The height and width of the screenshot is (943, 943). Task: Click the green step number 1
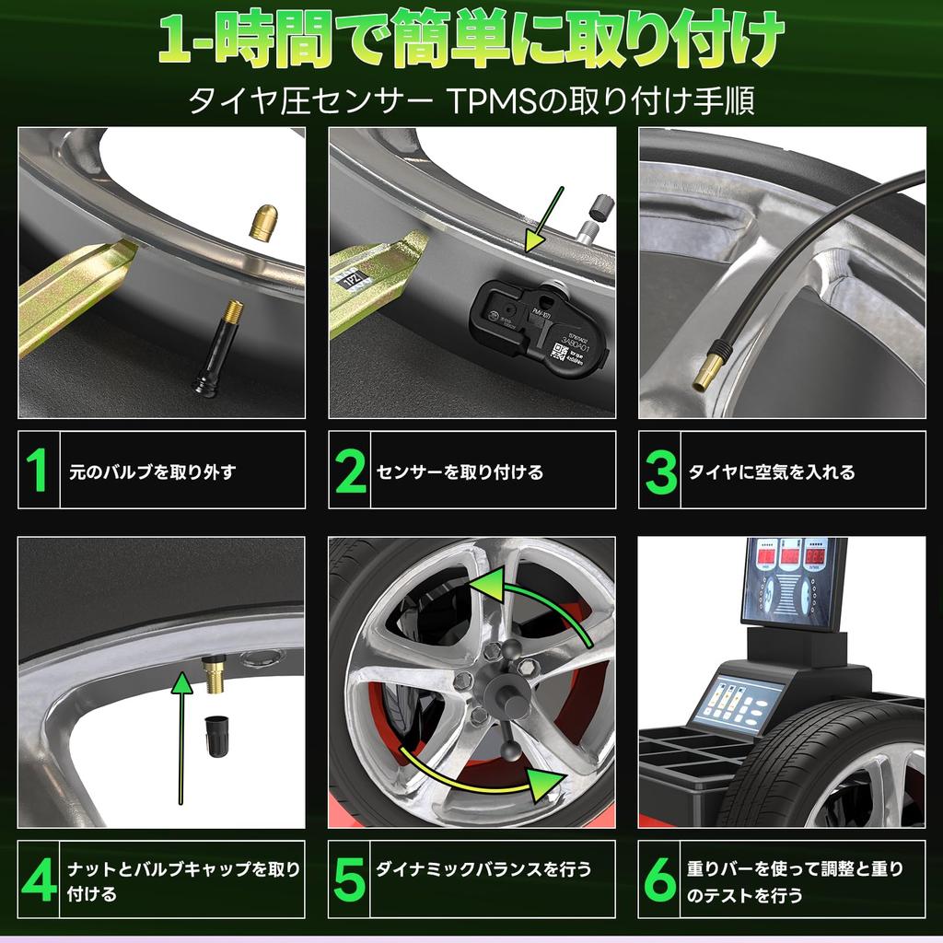coord(37,471)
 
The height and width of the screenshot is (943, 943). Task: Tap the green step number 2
coord(350,471)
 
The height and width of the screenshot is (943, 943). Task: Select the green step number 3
coord(661,471)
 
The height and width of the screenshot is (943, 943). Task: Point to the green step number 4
coord(38,879)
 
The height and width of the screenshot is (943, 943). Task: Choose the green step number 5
coord(350,879)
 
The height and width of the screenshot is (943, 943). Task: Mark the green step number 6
coord(660,879)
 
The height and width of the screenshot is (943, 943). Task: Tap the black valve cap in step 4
coord(217,737)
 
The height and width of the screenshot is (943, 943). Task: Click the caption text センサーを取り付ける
coord(460,472)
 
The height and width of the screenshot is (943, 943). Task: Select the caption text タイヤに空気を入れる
coord(772,472)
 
